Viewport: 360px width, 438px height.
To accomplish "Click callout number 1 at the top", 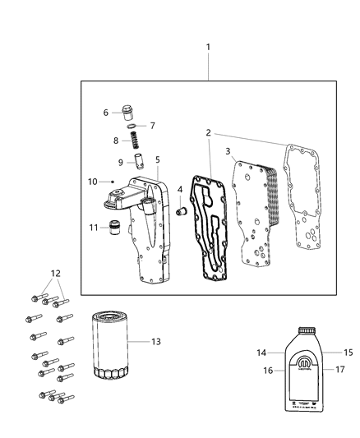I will click(x=208, y=48).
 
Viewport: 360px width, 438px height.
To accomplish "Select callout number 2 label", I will click(x=209, y=132).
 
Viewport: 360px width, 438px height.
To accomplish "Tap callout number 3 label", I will click(x=228, y=151).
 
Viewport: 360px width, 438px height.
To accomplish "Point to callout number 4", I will click(x=179, y=190).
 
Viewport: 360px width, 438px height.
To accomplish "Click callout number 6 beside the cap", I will click(x=106, y=113).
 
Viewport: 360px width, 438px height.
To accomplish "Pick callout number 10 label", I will click(x=92, y=181).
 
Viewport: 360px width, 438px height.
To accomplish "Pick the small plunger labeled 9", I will click(x=129, y=157).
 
